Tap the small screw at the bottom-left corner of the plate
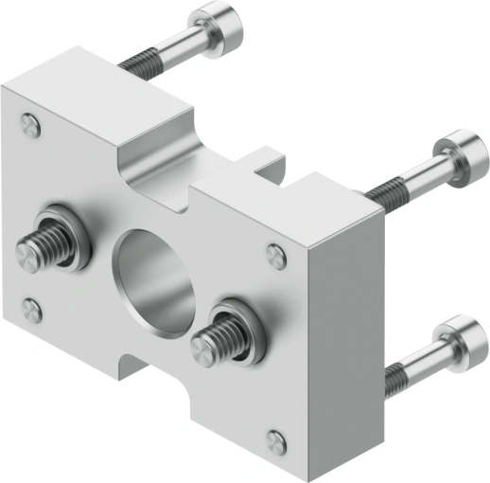point(31,309)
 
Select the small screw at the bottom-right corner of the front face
point(276,440)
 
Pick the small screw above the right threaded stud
point(276,254)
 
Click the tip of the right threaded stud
point(201,347)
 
